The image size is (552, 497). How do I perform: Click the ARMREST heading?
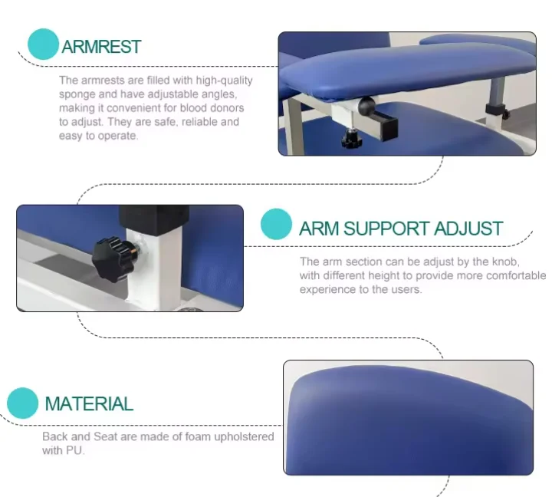point(101,47)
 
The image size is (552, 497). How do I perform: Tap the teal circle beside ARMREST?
point(43,44)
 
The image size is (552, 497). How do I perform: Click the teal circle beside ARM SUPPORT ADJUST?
point(276,224)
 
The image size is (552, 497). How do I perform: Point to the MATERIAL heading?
point(89,403)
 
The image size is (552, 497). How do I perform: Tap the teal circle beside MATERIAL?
point(22,403)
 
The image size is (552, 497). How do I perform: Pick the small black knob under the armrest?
point(352,138)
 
